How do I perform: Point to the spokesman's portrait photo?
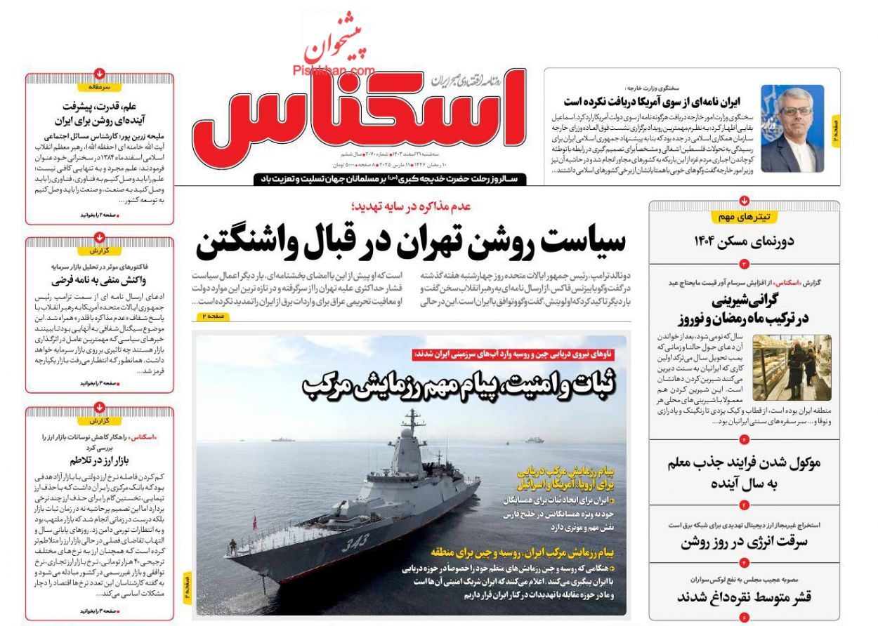[792, 129]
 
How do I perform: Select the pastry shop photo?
[792, 367]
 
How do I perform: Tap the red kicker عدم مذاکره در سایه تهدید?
[412, 206]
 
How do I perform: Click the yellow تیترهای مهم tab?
[744, 217]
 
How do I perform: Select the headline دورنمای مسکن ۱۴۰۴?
[744, 242]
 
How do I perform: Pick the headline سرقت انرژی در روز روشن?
[744, 542]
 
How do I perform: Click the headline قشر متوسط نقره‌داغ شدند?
[744, 597]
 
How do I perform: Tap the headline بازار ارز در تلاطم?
[99, 461]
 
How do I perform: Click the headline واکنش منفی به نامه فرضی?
[99, 281]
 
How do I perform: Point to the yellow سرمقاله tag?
[99, 87]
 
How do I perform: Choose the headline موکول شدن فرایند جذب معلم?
[744, 473]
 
